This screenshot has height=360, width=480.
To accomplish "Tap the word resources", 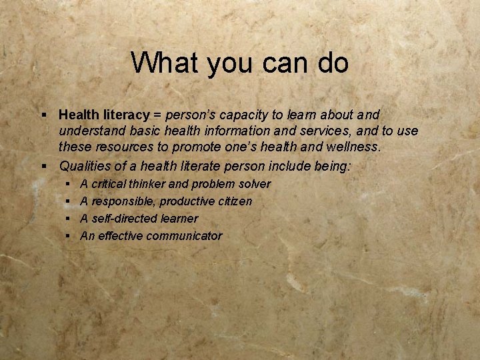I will [119, 147].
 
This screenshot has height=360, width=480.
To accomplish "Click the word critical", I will [111, 183].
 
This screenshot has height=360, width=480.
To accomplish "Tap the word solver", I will [255, 183].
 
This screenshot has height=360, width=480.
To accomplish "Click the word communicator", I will [184, 235].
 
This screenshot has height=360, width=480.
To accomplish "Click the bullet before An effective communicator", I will [69, 235].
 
